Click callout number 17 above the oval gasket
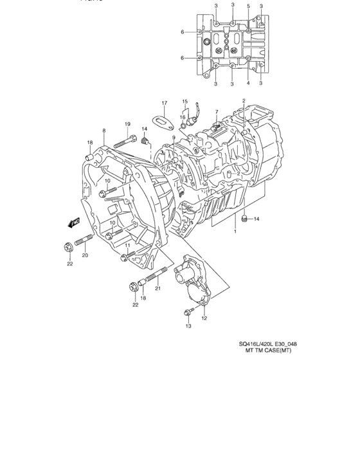164,103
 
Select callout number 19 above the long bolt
127,124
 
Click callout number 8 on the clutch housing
104,130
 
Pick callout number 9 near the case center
174,137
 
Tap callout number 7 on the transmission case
217,111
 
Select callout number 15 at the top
184,101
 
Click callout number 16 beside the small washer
182,117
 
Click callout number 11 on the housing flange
128,246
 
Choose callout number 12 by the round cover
204,318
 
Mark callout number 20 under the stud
84,255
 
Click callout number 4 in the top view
248,82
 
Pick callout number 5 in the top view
248,6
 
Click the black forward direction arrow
72,222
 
